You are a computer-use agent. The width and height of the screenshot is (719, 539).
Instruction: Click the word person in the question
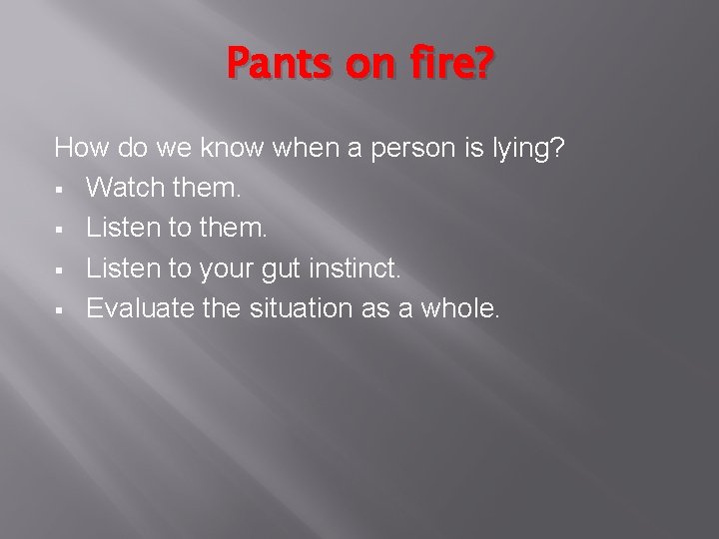tap(410, 150)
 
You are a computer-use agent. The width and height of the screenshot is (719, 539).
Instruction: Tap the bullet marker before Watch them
tap(61, 190)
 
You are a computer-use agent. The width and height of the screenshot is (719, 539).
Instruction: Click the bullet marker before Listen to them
tap(61, 230)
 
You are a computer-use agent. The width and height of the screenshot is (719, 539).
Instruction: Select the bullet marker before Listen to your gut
tap(61, 269)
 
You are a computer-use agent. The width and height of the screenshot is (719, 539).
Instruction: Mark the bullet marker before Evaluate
tap(61, 309)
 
